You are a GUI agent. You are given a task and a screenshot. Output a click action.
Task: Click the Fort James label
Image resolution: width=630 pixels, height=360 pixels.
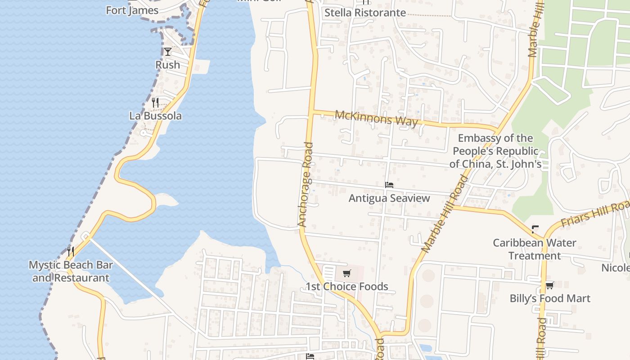click(132, 10)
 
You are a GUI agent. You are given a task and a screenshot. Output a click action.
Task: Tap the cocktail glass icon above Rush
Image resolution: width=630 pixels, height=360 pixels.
click(168, 52)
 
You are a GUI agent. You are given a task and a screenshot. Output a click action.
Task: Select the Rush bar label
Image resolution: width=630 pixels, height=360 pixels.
click(168, 65)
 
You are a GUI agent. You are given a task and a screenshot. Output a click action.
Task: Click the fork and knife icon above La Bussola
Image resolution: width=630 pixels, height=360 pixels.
click(155, 103)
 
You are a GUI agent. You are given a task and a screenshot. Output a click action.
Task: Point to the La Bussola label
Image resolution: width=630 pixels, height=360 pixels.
click(156, 116)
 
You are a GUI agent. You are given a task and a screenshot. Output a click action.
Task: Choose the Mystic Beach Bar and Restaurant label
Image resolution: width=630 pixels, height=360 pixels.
click(71, 271)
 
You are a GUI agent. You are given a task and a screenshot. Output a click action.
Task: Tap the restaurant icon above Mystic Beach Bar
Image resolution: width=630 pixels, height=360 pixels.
click(71, 251)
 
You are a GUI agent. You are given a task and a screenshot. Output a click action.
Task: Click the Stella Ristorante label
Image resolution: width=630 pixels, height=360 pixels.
click(365, 13)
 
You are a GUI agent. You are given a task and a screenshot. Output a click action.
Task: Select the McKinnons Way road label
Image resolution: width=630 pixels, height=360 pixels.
click(376, 119)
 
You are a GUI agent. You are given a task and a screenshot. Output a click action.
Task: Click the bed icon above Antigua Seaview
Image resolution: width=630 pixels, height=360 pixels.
click(389, 185)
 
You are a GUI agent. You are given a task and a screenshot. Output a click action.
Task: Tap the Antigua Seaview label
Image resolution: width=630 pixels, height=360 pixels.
click(389, 198)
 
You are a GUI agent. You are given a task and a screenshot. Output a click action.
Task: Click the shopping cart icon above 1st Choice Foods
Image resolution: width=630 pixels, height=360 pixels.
click(346, 273)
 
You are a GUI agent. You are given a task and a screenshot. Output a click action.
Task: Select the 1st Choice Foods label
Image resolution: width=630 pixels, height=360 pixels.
click(346, 286)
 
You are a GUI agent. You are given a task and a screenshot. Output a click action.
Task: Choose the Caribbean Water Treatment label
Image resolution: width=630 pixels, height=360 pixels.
click(535, 249)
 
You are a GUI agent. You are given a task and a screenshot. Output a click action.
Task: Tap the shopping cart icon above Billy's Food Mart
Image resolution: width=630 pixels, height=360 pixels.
click(549, 285)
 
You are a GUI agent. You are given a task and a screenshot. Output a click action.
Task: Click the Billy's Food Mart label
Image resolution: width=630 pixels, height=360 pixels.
click(550, 298)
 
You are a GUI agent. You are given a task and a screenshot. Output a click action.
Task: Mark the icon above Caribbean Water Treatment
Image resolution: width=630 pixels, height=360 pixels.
click(535, 229)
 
